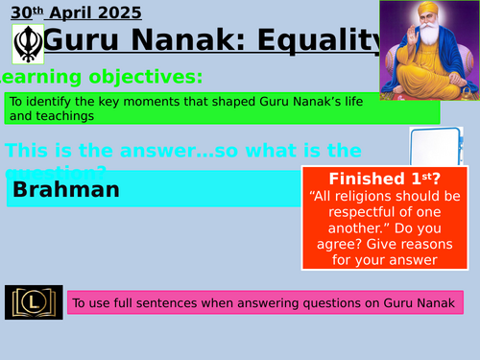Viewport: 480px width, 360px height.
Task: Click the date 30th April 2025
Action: click(72, 12)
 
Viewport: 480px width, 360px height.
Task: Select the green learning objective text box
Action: click(221, 108)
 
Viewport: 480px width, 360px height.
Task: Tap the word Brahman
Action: click(66, 190)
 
